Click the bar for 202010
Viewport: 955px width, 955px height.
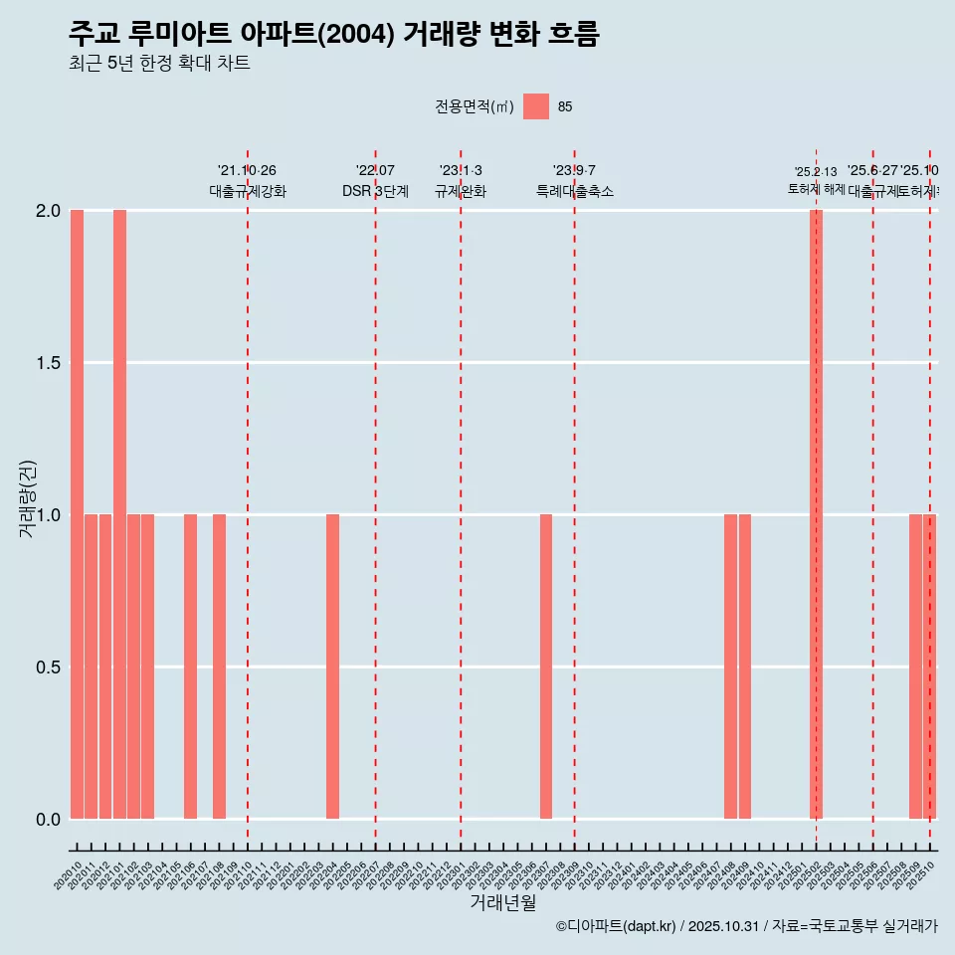point(77,514)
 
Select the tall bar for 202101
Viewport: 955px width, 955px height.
point(119,514)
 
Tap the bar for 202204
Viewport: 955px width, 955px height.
point(332,667)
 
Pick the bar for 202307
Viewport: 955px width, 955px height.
point(546,667)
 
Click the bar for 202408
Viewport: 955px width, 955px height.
point(730,667)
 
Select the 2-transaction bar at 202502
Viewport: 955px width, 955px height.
point(816,514)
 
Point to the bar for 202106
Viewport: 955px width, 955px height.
point(190,667)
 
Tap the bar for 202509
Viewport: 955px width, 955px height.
point(915,667)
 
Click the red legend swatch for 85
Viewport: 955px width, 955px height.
point(536,106)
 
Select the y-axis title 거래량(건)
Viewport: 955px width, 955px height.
point(28,499)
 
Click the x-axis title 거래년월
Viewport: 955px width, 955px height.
point(502,902)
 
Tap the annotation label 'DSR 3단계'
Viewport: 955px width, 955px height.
point(375,191)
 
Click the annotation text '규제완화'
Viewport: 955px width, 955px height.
point(460,191)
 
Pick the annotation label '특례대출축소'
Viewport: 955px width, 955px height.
point(574,191)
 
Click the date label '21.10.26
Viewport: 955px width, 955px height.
point(247,170)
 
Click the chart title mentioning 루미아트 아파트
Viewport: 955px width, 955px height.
point(334,34)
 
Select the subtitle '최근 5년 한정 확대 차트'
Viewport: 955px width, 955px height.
point(159,64)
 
